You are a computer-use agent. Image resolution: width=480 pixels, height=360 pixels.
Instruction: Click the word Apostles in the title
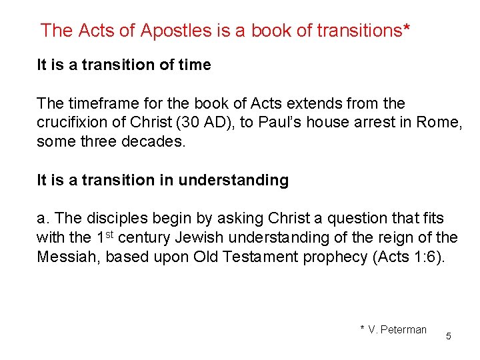pyautogui.click(x=174, y=31)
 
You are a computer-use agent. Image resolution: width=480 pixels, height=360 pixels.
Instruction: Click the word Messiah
pyautogui.click(x=66, y=256)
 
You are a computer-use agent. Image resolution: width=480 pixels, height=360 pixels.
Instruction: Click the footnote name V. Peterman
pyautogui.click(x=397, y=329)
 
